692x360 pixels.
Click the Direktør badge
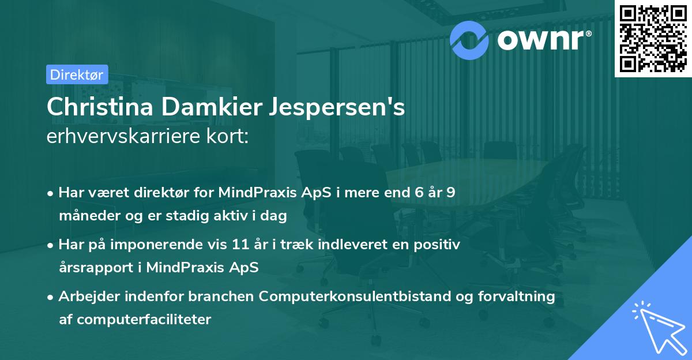pyautogui.click(x=77, y=74)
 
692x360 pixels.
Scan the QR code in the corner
pyautogui.click(x=652, y=39)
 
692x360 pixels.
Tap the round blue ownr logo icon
pyautogui.click(x=468, y=39)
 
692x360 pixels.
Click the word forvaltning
pyautogui.click(x=520, y=297)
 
